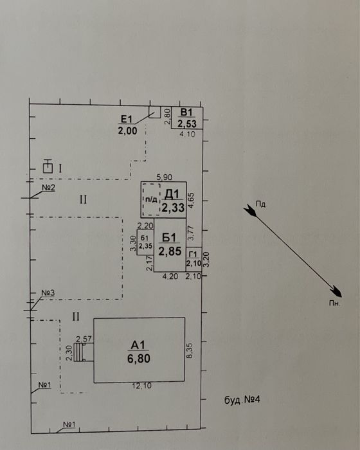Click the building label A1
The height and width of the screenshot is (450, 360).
pos(138,345)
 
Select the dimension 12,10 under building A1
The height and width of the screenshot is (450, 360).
pos(142,386)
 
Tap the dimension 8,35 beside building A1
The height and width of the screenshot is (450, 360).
pos(190,351)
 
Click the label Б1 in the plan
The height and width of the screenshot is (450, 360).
pos(169,238)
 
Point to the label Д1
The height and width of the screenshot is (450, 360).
pos(172,194)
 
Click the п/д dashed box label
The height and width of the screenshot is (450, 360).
pos(151,200)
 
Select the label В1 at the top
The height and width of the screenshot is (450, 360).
pos(186,113)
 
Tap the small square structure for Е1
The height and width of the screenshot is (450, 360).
pos(154,113)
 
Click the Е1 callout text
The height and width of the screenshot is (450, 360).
pos(126,119)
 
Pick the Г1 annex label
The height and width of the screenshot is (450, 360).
pos(194,255)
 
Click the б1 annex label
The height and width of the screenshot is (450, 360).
pos(145,238)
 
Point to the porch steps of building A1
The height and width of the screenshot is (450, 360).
pos(79,352)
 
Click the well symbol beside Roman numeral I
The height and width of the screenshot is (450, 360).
pos(48,166)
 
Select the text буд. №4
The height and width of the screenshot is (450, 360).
pos(242,400)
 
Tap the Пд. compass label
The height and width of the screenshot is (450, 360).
pos(262,204)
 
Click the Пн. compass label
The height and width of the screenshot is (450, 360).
pos(334,303)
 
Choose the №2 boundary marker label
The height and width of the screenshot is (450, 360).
pos(48,188)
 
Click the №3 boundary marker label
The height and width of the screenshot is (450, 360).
pos(48,293)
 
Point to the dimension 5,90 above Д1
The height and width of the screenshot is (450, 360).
pos(165,177)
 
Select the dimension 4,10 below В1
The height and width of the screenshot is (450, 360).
pos(187,134)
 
